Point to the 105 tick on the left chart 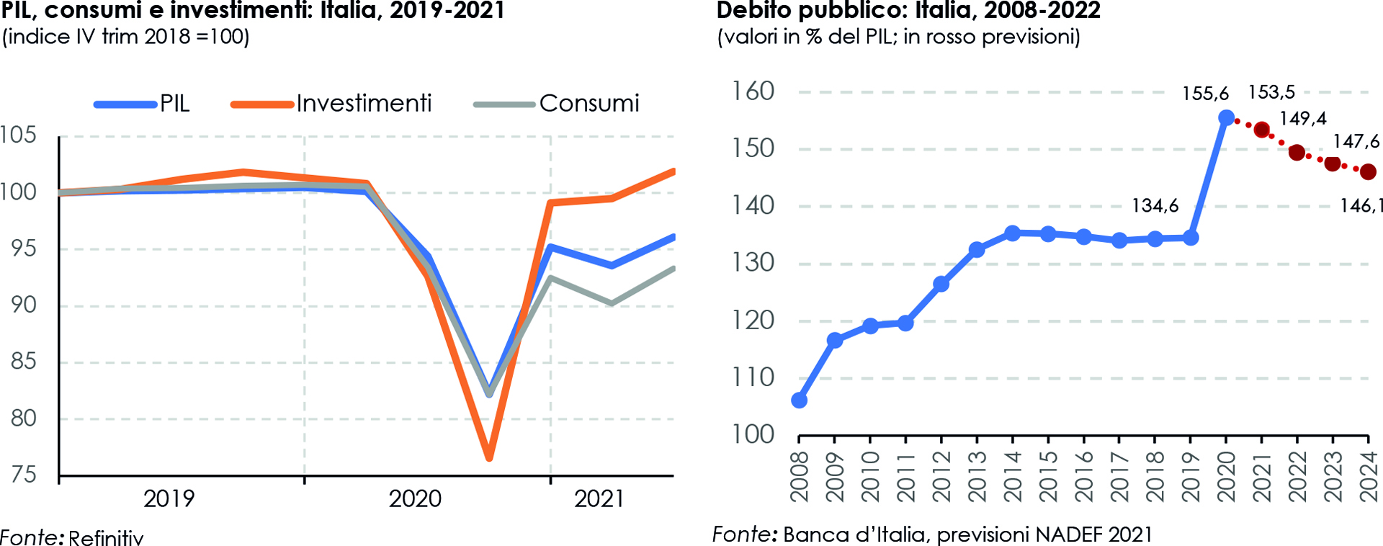point(18,135)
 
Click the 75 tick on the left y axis point(23,475)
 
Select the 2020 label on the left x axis point(415,498)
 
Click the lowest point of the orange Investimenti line point(489,457)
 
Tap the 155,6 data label point(1205,94)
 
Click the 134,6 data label point(1155,206)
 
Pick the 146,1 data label point(1361,206)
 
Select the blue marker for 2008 point(799,400)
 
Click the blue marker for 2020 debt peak point(1226,117)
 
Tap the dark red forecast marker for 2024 point(1368,171)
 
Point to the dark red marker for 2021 point(1261,130)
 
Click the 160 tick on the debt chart point(753,91)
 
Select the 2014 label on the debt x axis point(1013,476)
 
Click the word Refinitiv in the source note point(106,537)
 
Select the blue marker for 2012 point(941,284)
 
